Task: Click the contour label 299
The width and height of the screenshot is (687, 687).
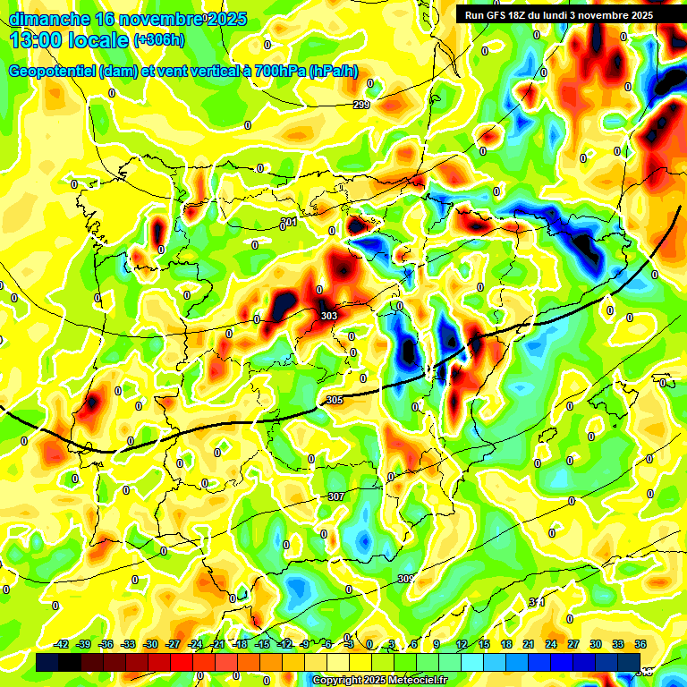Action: pos(361,106)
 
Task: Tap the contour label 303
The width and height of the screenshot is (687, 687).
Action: pos(329,316)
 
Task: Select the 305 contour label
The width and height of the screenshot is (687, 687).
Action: pos(335,400)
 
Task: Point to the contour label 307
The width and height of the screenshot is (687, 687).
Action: pos(336,496)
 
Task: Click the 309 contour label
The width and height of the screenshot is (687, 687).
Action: pos(406,579)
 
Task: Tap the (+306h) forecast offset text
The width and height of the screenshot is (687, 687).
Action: pos(160,40)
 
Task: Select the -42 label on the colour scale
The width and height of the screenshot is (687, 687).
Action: pos(61,644)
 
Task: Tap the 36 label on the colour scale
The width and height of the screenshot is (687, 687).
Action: pos(640,644)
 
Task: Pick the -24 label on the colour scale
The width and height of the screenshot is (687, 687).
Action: pos(195,644)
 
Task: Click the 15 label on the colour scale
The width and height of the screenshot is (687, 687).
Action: pos(484,644)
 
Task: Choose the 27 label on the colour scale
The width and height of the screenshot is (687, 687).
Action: pos(573,644)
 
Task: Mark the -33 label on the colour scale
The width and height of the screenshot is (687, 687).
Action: pos(128,644)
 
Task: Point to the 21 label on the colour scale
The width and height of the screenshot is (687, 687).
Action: pos(529,644)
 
